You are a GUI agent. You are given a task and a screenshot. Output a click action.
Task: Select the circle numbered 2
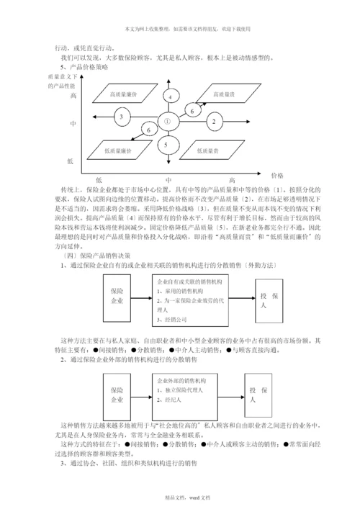[x=213, y=122]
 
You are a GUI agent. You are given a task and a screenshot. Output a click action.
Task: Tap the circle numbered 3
[x=122, y=117]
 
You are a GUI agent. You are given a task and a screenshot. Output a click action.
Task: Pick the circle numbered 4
[x=170, y=96]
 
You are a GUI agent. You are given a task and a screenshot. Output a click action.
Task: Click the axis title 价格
[x=277, y=175]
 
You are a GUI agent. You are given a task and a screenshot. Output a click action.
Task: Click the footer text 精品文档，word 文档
[x=180, y=498]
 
